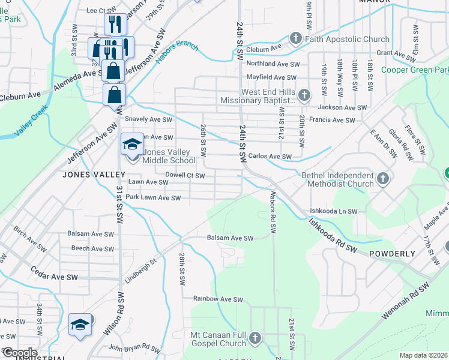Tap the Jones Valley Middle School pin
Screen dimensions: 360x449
[133, 145]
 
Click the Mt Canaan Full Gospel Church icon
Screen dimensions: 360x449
[256, 338]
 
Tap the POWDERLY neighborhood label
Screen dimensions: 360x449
[392, 254]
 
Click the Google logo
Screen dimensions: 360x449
[19, 353]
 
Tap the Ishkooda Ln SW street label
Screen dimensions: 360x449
[333, 212]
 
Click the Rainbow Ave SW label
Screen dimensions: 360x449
[218, 299]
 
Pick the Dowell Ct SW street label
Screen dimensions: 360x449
[185, 176]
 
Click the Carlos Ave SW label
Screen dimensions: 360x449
[270, 157]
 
